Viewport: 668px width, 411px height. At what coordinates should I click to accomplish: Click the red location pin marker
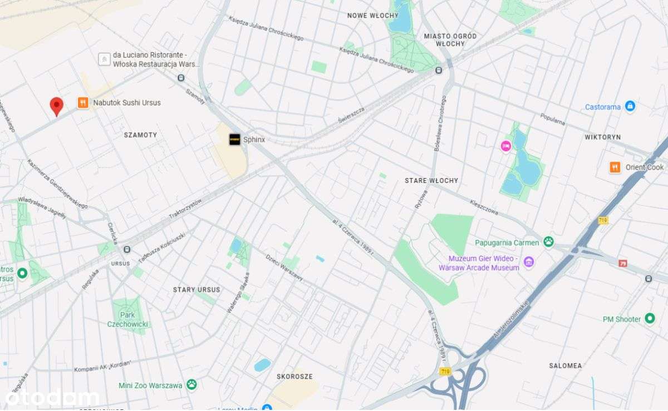(x=56, y=105)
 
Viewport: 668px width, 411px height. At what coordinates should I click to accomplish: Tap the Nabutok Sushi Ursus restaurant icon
(x=83, y=103)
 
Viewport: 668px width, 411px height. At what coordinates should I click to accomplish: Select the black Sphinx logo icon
(x=235, y=140)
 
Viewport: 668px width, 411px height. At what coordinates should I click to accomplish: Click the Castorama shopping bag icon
(x=630, y=106)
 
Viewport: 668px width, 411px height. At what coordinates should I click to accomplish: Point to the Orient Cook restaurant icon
(x=615, y=167)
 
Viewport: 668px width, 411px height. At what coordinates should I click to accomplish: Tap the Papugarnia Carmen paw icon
(x=549, y=242)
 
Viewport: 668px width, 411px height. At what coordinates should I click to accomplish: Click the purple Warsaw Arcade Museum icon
(x=528, y=262)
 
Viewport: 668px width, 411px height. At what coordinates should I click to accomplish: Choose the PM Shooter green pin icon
(x=650, y=319)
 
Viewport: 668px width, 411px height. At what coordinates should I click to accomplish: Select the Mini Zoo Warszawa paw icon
(x=191, y=384)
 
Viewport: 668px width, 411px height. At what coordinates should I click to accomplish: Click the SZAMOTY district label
(x=140, y=135)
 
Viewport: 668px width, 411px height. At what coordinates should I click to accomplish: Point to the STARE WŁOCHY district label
(x=431, y=181)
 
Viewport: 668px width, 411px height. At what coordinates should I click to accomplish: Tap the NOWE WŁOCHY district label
(x=372, y=16)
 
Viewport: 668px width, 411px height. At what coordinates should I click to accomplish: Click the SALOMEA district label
(x=565, y=366)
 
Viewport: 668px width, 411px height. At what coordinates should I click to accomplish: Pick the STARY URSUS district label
(x=197, y=290)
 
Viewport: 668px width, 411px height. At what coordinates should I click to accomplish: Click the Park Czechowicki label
(x=128, y=319)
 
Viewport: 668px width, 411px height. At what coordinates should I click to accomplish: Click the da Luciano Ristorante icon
(x=104, y=59)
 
